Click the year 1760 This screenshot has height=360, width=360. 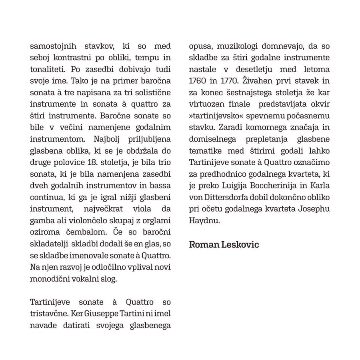pos(198,80)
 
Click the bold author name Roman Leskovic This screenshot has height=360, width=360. pos(224,244)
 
